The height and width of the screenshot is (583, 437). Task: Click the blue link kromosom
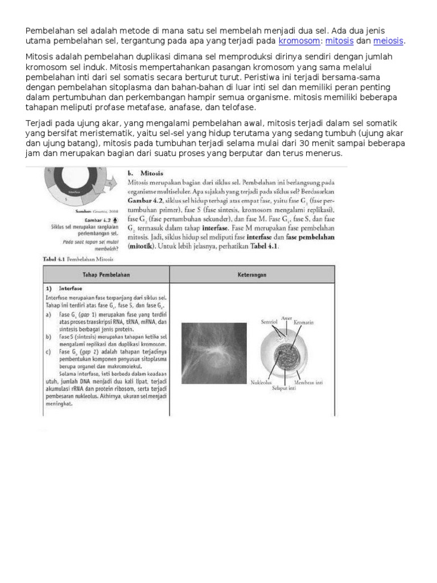[299, 42]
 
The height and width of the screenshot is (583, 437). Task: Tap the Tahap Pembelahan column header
[106, 274]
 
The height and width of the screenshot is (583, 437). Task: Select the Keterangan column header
[252, 274]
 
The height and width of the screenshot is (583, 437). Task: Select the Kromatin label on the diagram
[304, 322]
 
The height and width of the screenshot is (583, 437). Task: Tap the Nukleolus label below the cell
[262, 383]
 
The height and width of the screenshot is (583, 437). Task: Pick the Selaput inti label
[283, 387]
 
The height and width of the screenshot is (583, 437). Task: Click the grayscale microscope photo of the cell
[214, 352]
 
